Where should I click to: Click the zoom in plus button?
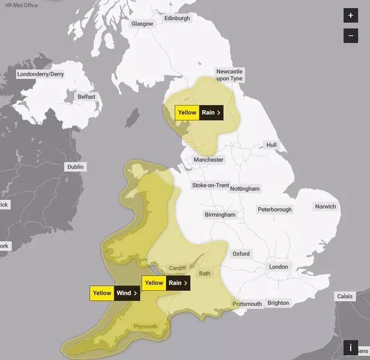tap(351, 16)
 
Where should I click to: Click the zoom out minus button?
tap(351, 36)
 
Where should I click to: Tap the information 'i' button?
tap(351, 347)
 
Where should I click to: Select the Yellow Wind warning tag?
tap(114, 293)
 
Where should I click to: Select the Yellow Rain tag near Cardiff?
tap(166, 283)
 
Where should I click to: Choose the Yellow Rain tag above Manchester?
tap(199, 112)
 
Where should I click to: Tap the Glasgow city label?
tap(143, 23)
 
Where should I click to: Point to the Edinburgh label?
tap(177, 19)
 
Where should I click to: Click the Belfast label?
tap(86, 97)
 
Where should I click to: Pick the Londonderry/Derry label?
tap(41, 75)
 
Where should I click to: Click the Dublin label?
tap(76, 166)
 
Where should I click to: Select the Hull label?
tap(272, 145)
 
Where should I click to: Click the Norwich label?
tap(325, 207)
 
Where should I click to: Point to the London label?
tap(279, 266)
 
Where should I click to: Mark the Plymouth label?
tap(146, 327)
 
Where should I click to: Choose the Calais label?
tap(345, 296)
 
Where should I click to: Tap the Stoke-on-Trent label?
tap(210, 185)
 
